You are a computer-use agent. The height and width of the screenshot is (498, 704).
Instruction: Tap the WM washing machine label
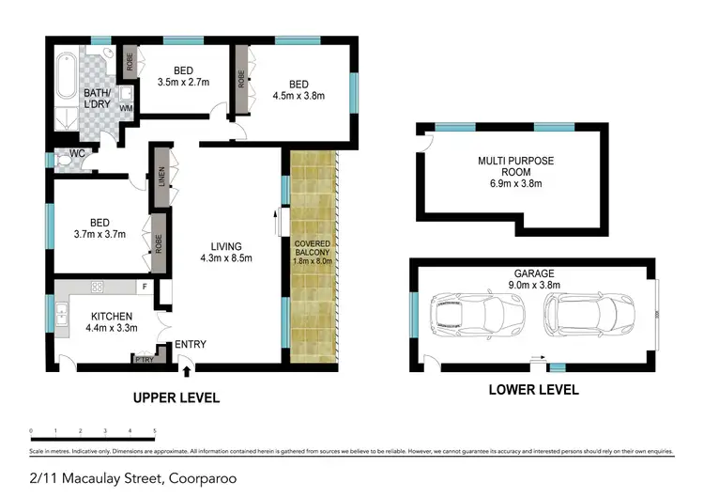(x=125, y=108)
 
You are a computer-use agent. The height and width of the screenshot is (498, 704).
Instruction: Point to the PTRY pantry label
(x=144, y=358)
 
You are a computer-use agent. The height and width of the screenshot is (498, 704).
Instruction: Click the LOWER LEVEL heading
(x=532, y=389)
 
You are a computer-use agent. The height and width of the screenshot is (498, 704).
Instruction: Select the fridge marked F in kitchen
(x=145, y=286)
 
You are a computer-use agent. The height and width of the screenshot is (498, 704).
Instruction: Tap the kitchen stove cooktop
(x=95, y=286)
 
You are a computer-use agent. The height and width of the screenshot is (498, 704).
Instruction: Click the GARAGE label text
(x=532, y=274)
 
